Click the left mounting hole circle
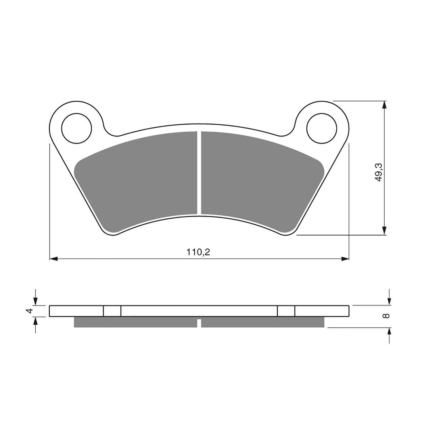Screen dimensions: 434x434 [x=77, y=128]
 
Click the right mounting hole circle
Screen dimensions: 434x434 [x=322, y=128]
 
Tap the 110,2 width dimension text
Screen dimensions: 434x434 [x=198, y=253]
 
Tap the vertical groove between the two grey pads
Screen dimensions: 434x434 [x=199, y=174]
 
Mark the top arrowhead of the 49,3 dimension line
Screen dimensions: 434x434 [x=384, y=105]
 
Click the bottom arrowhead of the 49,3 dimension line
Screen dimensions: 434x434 [x=384, y=231]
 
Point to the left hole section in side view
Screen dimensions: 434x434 [x=112, y=311]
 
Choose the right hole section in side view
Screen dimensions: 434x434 [x=286, y=311]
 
